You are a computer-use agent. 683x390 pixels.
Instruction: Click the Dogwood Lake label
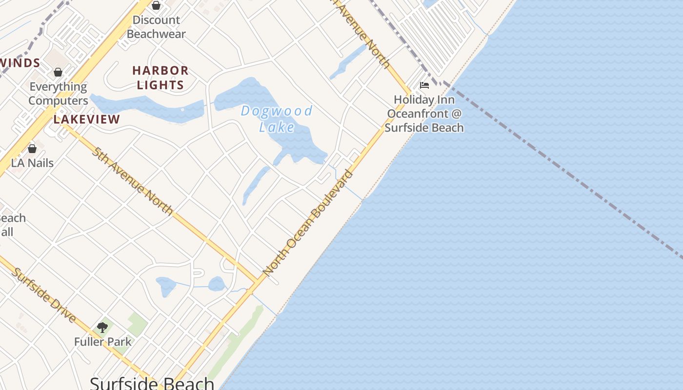(277, 119)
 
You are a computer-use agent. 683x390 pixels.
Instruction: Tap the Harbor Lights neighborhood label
(160, 78)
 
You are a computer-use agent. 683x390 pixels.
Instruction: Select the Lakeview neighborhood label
(87, 119)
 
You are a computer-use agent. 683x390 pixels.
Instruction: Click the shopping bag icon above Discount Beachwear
(156, 5)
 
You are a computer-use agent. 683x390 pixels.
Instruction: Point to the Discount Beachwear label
(156, 27)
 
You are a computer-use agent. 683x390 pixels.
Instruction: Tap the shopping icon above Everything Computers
(58, 72)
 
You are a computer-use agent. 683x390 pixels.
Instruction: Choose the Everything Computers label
(58, 94)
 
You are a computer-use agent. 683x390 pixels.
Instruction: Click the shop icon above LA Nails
(32, 149)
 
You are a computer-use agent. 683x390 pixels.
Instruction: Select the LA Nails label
(33, 163)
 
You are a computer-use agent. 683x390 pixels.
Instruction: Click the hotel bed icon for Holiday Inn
(424, 85)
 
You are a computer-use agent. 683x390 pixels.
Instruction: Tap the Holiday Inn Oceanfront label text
(424, 114)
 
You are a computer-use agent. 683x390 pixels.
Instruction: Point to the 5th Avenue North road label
(132, 180)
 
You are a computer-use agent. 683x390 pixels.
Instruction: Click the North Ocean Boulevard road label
(307, 222)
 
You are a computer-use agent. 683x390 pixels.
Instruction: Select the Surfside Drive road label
(44, 295)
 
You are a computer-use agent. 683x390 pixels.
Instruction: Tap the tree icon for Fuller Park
(102, 328)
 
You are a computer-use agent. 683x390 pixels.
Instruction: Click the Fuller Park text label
(103, 342)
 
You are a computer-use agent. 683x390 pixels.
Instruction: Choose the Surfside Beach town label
(152, 383)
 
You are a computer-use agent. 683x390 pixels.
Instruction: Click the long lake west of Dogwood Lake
(146, 107)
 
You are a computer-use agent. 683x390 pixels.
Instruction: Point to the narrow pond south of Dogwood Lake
(255, 186)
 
